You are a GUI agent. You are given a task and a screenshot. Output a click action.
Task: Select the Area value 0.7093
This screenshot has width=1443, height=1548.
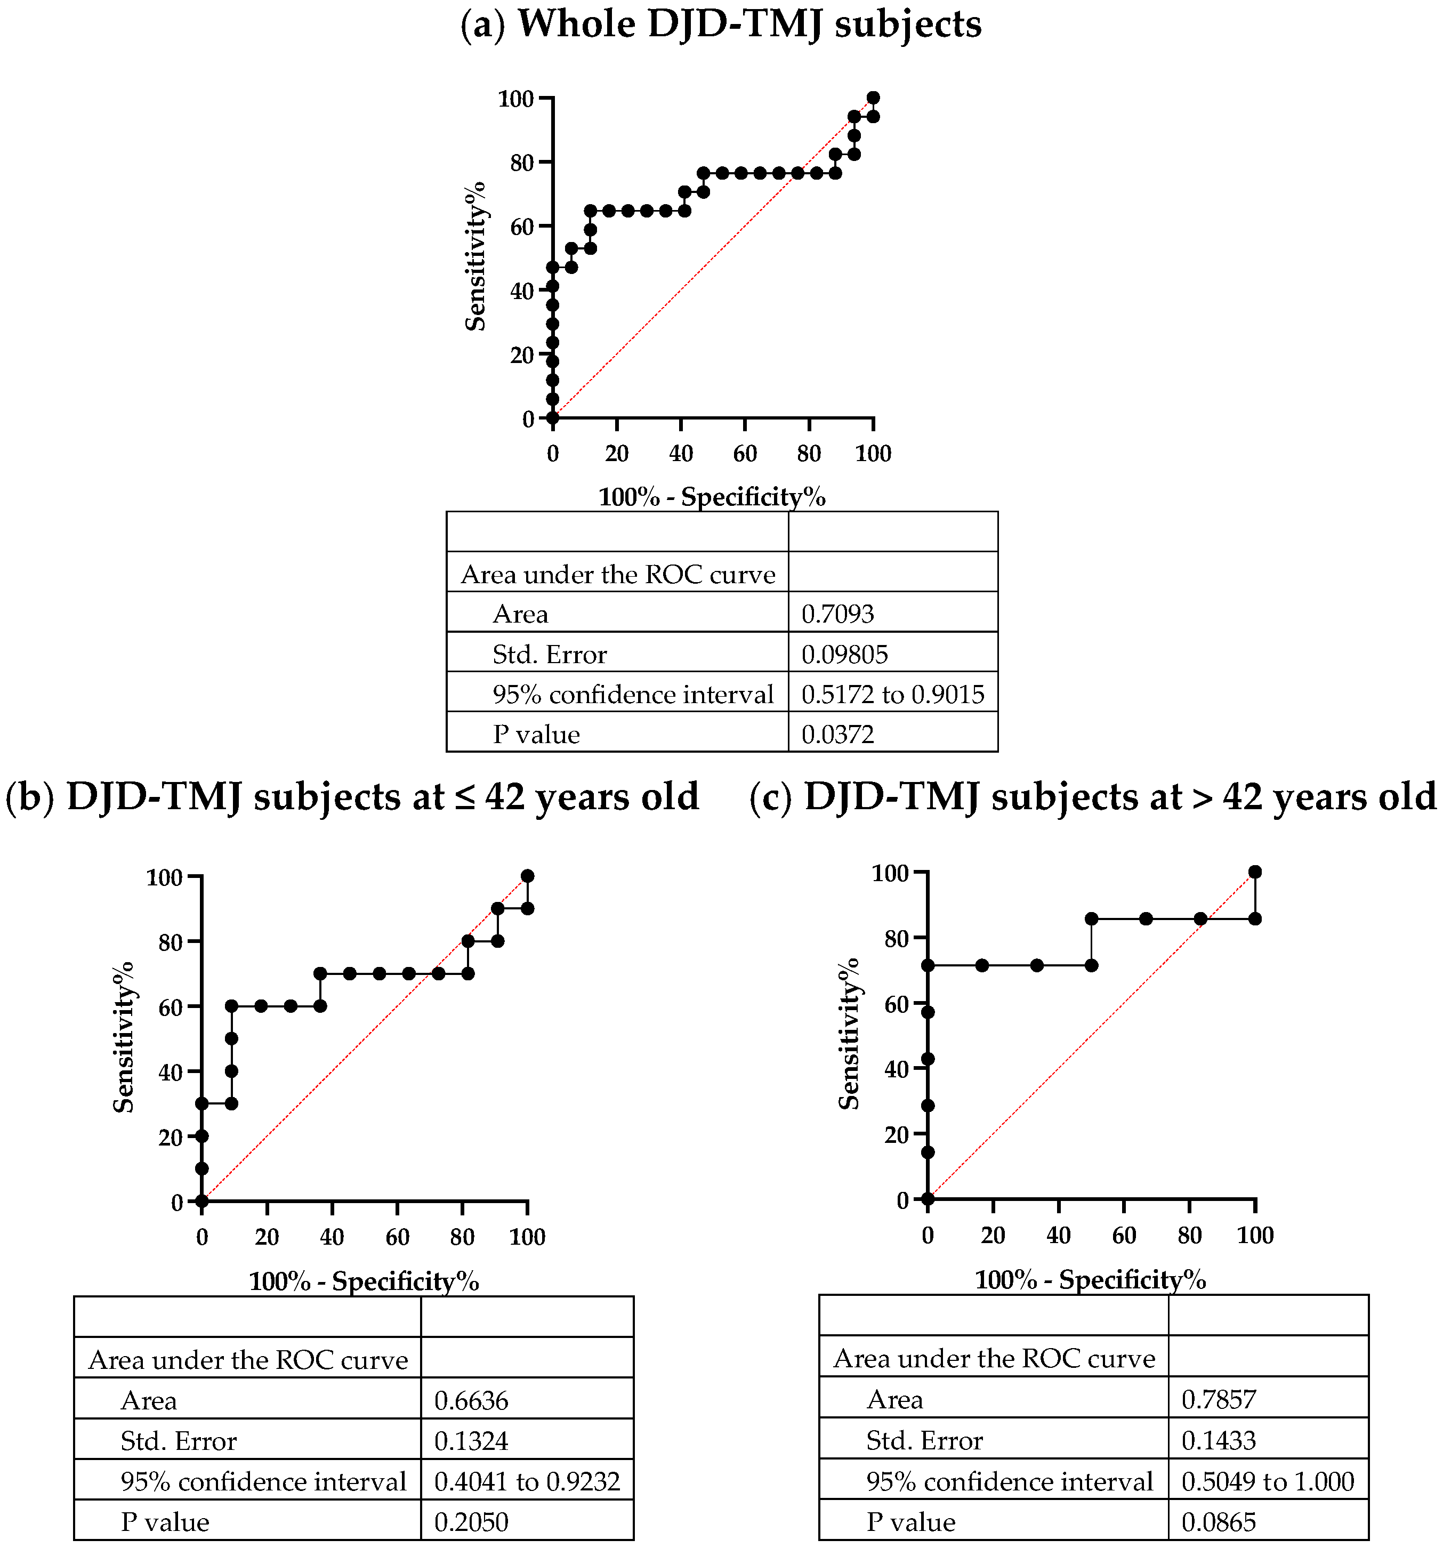(x=837, y=615)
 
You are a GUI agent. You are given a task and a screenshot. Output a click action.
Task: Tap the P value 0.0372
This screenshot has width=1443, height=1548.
(x=837, y=735)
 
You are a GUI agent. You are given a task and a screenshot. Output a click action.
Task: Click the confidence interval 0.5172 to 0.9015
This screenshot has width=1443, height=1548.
(x=892, y=695)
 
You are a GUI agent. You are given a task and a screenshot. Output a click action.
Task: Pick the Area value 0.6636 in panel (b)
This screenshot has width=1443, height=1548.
(x=471, y=1401)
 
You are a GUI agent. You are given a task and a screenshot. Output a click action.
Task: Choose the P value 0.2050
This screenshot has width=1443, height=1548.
(x=471, y=1521)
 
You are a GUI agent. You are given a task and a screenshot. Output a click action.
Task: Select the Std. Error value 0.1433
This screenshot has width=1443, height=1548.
(x=1218, y=1440)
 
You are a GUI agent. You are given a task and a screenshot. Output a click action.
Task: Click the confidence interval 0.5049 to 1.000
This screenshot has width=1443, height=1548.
(x=1267, y=1481)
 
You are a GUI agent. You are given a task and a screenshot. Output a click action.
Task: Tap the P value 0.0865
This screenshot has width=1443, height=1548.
(x=1218, y=1521)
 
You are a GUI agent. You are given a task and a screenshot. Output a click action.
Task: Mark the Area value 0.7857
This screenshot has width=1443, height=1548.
(x=1218, y=1400)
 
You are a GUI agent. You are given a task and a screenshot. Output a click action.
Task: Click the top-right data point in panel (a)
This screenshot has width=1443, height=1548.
(x=873, y=98)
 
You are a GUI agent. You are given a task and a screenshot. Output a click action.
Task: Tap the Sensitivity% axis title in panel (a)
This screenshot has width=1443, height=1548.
(x=476, y=257)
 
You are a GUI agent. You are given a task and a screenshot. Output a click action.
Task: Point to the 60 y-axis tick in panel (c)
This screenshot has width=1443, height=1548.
(x=899, y=1004)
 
